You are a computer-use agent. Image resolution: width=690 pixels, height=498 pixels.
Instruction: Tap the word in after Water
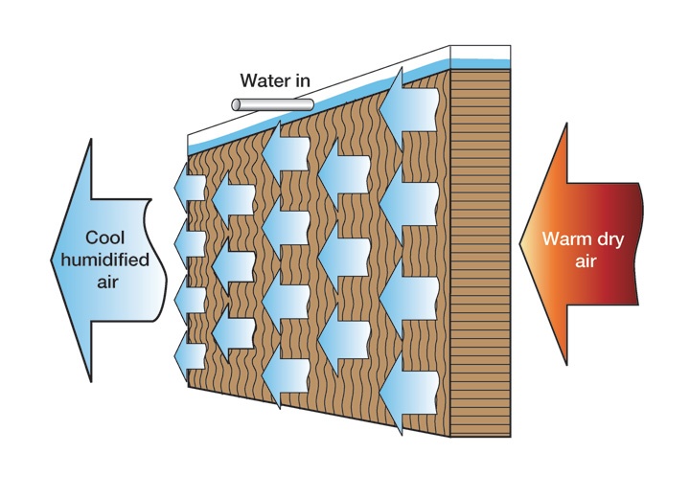pos(301,80)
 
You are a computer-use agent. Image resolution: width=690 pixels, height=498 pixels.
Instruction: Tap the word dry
pos(609,238)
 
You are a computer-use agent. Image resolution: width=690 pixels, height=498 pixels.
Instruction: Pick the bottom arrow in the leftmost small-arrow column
pos(190,354)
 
